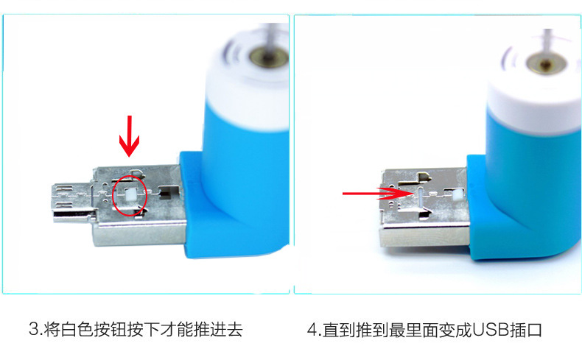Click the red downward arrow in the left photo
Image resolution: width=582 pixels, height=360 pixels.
(x=130, y=135)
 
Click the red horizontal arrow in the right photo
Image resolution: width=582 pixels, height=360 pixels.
(x=372, y=194)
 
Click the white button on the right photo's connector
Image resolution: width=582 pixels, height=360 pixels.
(x=457, y=194)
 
